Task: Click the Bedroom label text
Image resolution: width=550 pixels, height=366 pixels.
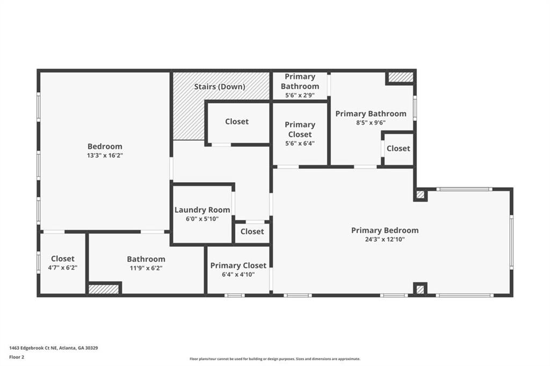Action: (105, 146)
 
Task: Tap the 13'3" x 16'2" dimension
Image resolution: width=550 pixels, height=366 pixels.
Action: (105, 155)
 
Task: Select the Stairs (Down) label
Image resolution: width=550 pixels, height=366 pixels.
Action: (219, 87)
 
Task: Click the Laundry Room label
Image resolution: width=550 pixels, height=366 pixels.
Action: (202, 210)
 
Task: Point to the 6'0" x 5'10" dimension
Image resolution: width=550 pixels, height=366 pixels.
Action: (202, 218)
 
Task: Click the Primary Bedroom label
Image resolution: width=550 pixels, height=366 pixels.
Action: (385, 231)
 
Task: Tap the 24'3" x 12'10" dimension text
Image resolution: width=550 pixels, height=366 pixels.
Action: (385, 239)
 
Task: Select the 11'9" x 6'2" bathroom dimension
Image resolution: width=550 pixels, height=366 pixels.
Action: (146, 268)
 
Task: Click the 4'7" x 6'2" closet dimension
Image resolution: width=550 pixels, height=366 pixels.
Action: (63, 268)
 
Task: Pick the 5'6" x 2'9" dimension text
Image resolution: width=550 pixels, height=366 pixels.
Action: (300, 95)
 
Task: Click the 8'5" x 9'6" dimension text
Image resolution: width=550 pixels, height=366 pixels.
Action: (371, 123)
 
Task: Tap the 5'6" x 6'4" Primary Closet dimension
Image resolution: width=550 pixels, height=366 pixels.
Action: (300, 143)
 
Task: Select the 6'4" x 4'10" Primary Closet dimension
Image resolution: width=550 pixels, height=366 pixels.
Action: (238, 274)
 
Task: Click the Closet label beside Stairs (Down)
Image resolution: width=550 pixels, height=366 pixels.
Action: (237, 122)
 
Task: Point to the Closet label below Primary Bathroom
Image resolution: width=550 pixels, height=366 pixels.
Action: (398, 148)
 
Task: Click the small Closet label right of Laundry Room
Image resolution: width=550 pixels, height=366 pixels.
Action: (252, 232)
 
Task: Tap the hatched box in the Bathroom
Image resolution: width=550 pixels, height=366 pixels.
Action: (104, 289)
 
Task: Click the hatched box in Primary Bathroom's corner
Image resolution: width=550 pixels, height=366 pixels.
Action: (401, 77)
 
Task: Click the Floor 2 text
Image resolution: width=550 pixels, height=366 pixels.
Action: (17, 356)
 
